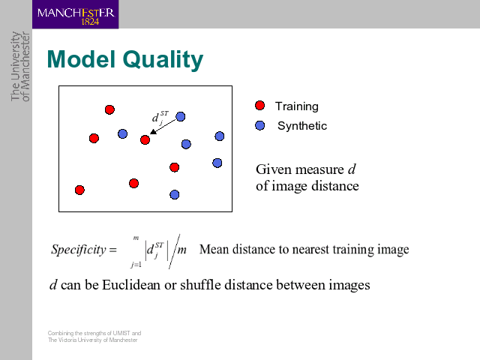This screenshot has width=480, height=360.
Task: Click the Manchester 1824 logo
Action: (75, 14)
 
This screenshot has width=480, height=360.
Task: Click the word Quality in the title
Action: (163, 60)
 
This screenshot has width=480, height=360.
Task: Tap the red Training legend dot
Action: (260, 105)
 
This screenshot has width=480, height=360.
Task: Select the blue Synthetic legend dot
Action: (260, 125)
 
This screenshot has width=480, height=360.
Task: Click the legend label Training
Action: (297, 106)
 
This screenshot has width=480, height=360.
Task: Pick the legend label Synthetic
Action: (302, 126)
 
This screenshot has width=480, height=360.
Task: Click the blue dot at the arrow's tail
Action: (181, 117)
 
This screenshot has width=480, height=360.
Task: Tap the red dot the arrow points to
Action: (145, 140)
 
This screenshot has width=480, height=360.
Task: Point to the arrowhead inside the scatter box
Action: (153, 132)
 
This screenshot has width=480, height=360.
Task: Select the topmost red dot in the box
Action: (109, 109)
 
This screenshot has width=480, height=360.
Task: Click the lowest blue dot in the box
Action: (175, 194)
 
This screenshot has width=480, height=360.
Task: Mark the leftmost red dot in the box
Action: (79, 190)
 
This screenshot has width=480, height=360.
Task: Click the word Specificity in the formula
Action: (78, 250)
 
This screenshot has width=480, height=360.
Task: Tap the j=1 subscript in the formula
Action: (136, 265)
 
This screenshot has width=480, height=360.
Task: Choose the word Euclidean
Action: (131, 285)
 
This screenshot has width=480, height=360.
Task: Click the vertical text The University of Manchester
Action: (20, 67)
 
